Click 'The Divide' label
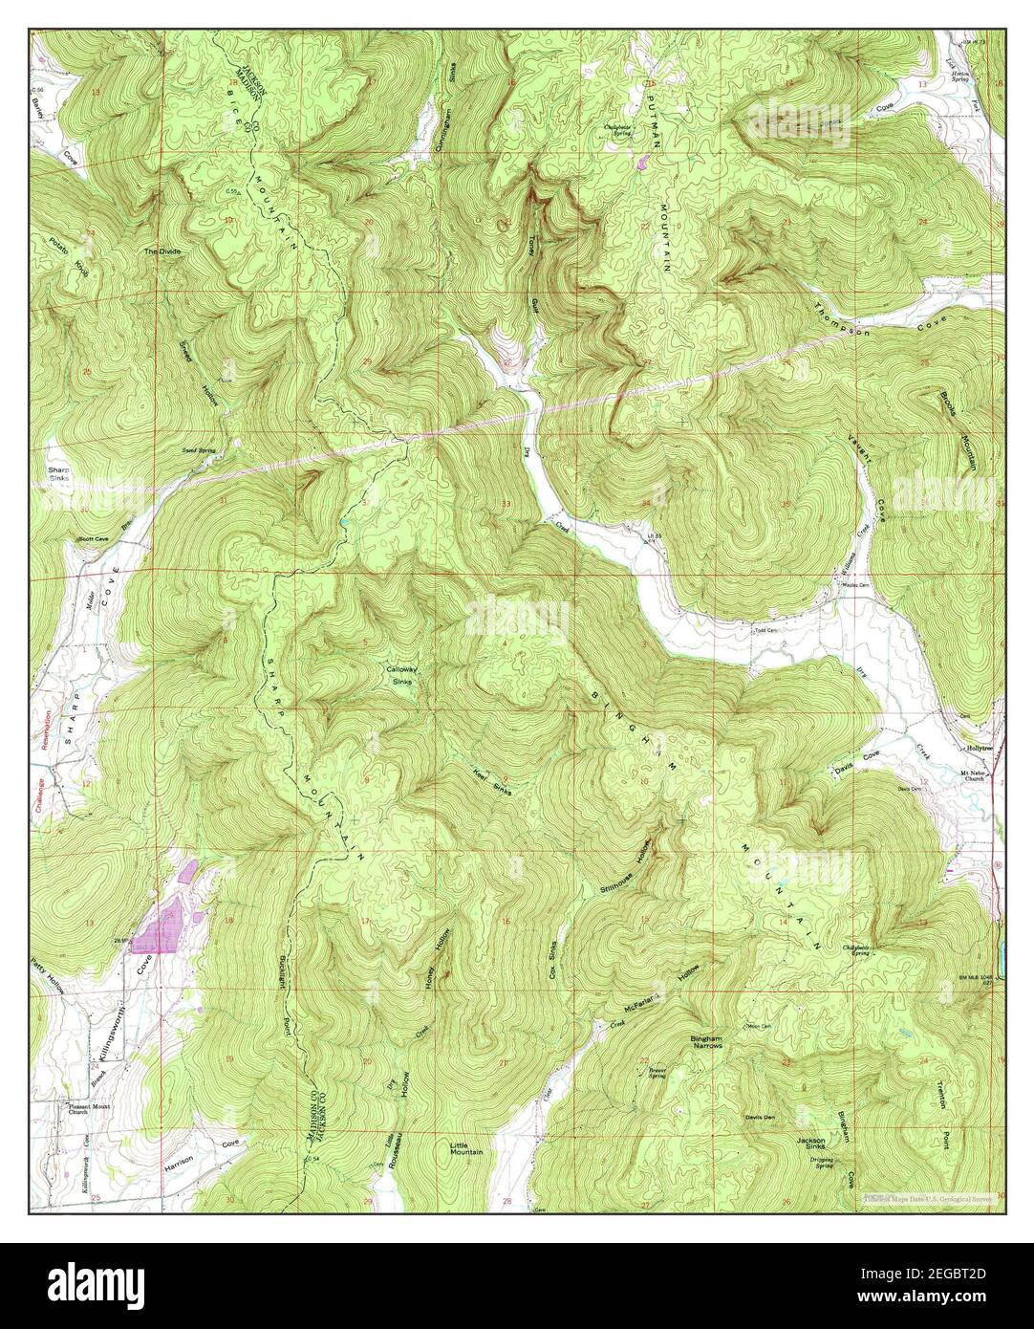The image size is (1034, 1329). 162,251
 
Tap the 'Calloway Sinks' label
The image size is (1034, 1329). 400,674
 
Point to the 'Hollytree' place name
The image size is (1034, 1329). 980,749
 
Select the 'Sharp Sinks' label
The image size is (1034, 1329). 60,475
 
